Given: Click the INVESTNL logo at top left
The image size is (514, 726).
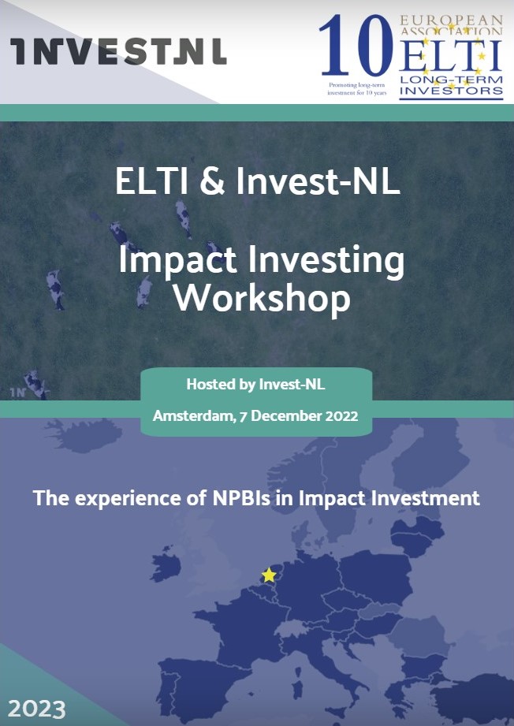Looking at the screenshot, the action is (x=118, y=51).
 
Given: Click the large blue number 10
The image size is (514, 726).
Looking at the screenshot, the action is (x=356, y=46).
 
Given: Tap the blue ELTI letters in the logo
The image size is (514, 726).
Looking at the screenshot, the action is (x=450, y=55).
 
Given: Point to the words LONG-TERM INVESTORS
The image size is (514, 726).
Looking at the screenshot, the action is (x=451, y=85).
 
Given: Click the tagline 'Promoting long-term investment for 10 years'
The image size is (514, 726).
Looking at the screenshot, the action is (x=356, y=89).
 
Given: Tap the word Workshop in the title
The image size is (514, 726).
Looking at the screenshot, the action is (x=262, y=298).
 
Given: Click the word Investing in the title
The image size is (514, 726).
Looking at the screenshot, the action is (x=326, y=261).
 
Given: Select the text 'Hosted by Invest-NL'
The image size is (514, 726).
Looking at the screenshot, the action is (x=255, y=384).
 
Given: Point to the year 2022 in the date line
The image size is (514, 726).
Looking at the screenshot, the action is (x=341, y=415).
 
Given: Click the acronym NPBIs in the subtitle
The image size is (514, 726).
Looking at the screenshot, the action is (x=241, y=498).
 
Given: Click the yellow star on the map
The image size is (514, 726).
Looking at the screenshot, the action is (x=269, y=575).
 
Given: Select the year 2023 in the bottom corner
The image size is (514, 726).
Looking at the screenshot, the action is (x=37, y=709).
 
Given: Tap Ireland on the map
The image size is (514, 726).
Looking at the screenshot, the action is (x=166, y=565).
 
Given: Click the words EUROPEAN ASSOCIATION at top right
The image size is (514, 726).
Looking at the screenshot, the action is (x=451, y=26).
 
